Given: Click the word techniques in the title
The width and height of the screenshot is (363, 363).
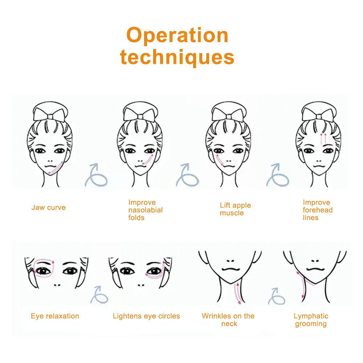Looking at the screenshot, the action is tap(178, 57).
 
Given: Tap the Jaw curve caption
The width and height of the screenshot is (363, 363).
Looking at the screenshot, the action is tap(48, 207).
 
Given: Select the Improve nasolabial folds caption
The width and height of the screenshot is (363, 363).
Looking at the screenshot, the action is tap(146, 210).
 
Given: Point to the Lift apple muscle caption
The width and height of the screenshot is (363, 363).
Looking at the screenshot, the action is tap(235, 209).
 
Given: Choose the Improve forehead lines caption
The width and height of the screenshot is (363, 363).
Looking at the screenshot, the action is tap(318, 210).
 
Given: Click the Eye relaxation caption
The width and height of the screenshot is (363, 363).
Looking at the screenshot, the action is tap(55, 316).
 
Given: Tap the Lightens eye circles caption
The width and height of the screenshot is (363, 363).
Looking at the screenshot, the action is tap(146, 316).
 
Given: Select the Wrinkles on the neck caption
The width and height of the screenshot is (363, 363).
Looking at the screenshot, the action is tap(228, 320).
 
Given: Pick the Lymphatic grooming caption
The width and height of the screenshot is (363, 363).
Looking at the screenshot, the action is tap(311, 320).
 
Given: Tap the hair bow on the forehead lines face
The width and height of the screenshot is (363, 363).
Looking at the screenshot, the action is tap(319, 115).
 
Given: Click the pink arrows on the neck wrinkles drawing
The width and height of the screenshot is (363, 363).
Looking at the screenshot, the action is tap(237, 293).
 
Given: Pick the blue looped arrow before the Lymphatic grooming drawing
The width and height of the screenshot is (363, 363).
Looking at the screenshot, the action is tap(277, 297).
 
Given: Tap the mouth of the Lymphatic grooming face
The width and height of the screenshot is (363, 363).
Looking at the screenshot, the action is tap(316, 269).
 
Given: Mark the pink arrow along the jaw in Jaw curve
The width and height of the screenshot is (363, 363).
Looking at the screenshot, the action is tap(56, 168).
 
